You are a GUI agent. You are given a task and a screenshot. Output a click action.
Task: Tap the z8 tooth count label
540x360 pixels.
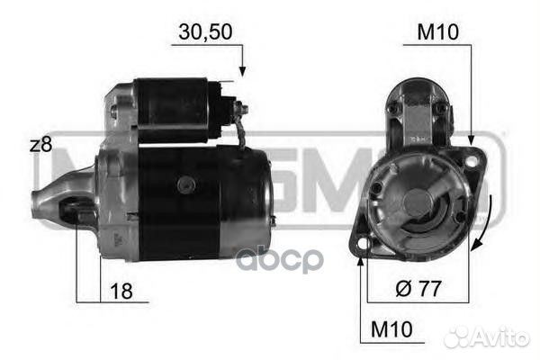[x=40, y=144]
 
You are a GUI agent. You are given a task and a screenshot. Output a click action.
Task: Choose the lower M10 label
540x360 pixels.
[x=392, y=330]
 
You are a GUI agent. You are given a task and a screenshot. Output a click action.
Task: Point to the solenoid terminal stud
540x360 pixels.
[x=239, y=108]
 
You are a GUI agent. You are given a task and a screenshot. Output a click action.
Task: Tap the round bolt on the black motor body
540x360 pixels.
[x=186, y=184]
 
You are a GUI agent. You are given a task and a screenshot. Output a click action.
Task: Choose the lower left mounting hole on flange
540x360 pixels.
[x=362, y=244]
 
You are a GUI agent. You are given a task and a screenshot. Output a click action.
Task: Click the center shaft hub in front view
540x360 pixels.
[x=418, y=202]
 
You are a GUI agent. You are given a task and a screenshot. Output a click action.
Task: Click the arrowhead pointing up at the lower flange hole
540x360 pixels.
[x=362, y=261]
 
